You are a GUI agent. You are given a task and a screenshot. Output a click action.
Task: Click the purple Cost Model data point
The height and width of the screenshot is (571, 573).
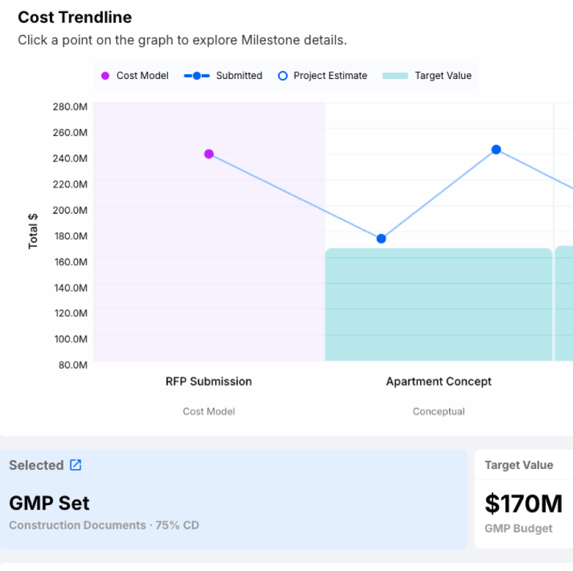click(x=209, y=154)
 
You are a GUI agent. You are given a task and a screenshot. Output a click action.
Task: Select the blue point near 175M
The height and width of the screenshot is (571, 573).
click(x=381, y=239)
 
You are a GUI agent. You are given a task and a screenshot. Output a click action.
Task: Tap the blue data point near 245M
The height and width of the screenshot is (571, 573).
click(x=496, y=149)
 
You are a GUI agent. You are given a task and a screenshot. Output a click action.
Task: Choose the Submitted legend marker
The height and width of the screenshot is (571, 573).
click(x=197, y=76)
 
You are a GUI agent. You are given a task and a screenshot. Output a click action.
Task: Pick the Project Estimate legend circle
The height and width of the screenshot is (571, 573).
click(x=283, y=76)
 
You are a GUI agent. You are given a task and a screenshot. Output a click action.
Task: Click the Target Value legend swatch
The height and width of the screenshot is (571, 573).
click(x=395, y=76)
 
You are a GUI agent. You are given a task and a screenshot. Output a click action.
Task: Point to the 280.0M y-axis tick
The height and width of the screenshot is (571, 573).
click(x=70, y=106)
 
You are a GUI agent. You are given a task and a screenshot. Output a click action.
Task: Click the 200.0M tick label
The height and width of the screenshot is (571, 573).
click(x=70, y=210)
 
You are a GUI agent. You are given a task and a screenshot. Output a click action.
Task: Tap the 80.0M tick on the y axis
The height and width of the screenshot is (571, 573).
click(x=73, y=365)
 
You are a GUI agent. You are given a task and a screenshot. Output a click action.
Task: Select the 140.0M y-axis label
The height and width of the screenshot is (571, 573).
click(x=71, y=288)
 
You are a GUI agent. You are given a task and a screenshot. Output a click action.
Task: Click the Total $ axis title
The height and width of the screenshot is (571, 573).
click(x=33, y=231)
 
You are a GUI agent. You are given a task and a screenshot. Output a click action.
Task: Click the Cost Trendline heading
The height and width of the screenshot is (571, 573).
click(x=75, y=17)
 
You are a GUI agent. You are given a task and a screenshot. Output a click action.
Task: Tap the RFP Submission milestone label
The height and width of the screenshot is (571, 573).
click(x=209, y=381)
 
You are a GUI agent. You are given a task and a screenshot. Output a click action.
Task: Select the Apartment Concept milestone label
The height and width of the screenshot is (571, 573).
click(x=438, y=381)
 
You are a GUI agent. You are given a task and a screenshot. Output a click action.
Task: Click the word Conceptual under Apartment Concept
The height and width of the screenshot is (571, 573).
click(x=438, y=412)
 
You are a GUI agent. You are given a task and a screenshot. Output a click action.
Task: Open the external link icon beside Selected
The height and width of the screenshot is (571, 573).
click(x=75, y=465)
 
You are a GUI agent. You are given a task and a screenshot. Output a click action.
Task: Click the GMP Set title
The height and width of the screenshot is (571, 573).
click(x=49, y=503)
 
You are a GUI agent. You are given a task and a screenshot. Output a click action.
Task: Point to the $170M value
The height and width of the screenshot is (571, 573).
click(x=523, y=503)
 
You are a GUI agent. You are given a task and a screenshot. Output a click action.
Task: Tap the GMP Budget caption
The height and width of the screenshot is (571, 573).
click(x=519, y=528)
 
